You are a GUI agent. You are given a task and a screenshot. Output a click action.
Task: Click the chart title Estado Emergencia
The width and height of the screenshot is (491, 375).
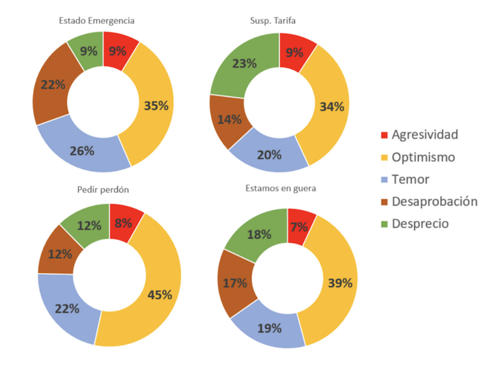click(x=102, y=20)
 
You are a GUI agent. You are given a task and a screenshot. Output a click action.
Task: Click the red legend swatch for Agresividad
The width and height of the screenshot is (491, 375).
click(x=384, y=135)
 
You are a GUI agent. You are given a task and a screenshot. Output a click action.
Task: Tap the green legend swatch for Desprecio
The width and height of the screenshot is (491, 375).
click(x=384, y=224)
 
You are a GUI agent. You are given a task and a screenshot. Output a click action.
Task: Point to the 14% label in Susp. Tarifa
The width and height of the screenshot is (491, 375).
click(x=230, y=119)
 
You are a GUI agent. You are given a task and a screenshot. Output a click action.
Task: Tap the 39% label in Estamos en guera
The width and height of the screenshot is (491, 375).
click(x=339, y=283)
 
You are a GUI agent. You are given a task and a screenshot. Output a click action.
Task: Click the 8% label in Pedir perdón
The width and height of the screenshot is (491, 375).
click(x=122, y=223)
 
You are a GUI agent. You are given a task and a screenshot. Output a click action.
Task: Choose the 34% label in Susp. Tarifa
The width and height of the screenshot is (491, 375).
click(x=331, y=107)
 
